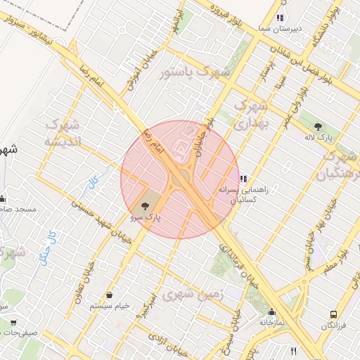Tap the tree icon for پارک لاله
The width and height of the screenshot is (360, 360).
click(319, 127)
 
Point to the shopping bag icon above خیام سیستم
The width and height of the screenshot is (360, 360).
click(110, 295)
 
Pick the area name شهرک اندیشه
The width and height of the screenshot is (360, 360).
click(63, 132)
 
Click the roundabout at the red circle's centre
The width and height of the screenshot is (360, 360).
click(179, 180)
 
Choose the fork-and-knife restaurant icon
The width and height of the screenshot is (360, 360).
click(292, 350)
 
